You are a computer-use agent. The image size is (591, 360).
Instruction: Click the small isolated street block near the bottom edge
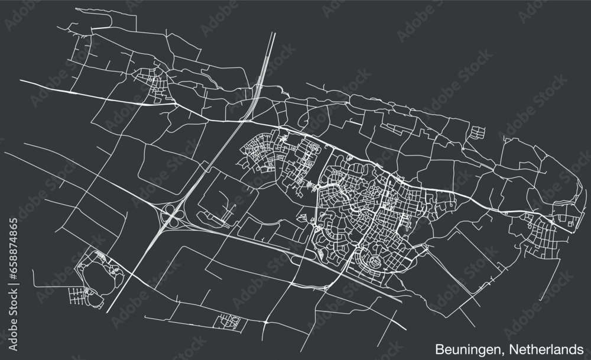tap(228, 321)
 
